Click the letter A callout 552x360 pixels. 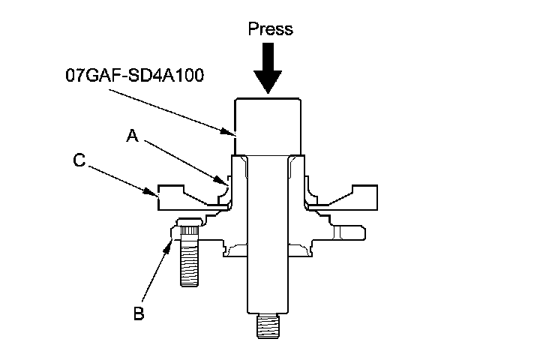[x=133, y=135]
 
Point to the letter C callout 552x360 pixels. [x=78, y=160]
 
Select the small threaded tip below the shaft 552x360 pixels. [x=268, y=327]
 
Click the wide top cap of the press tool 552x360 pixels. [x=268, y=124]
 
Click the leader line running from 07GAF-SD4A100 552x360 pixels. [x=169, y=109]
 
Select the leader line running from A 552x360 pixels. [x=180, y=158]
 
